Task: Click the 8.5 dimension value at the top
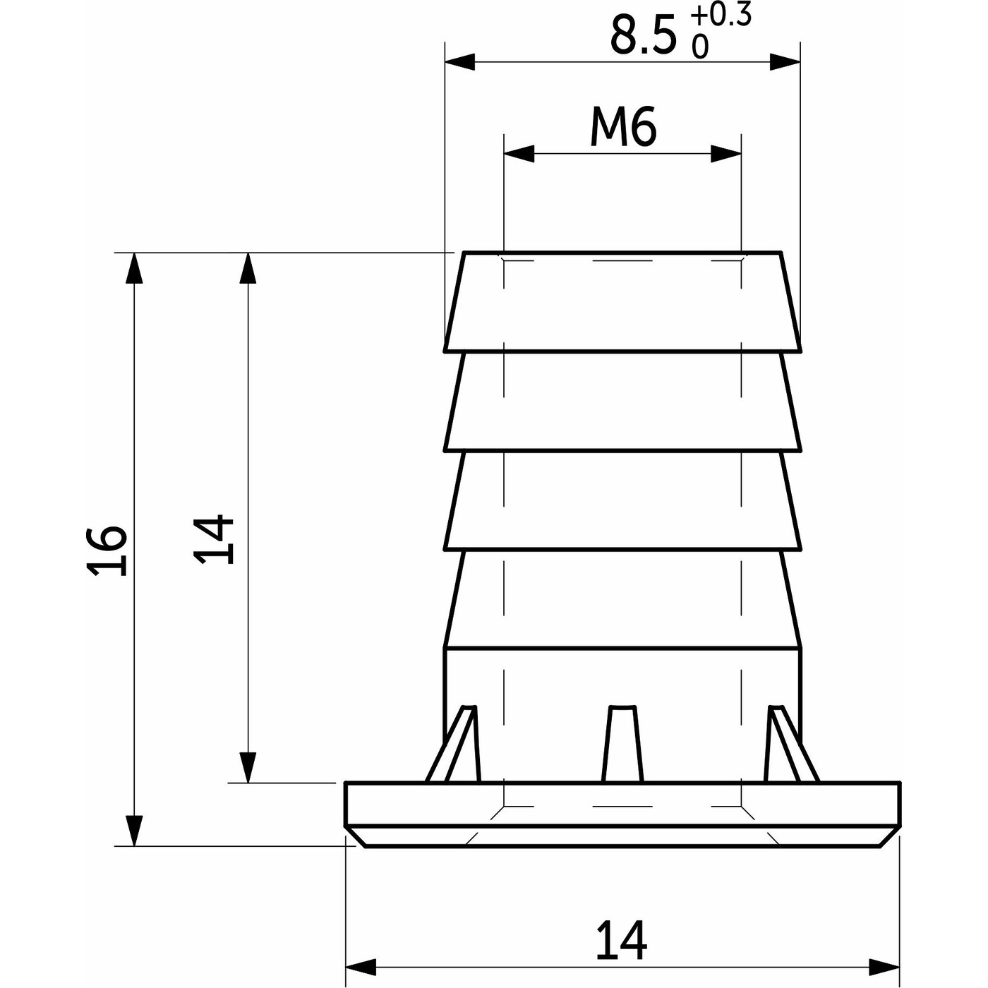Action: point(642,37)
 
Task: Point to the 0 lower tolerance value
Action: point(700,47)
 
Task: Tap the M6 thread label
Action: point(623,128)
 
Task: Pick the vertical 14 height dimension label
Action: point(215,538)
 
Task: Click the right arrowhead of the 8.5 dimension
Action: point(785,62)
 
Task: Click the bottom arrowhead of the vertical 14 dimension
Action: point(247,767)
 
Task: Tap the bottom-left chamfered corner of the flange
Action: point(357,836)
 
